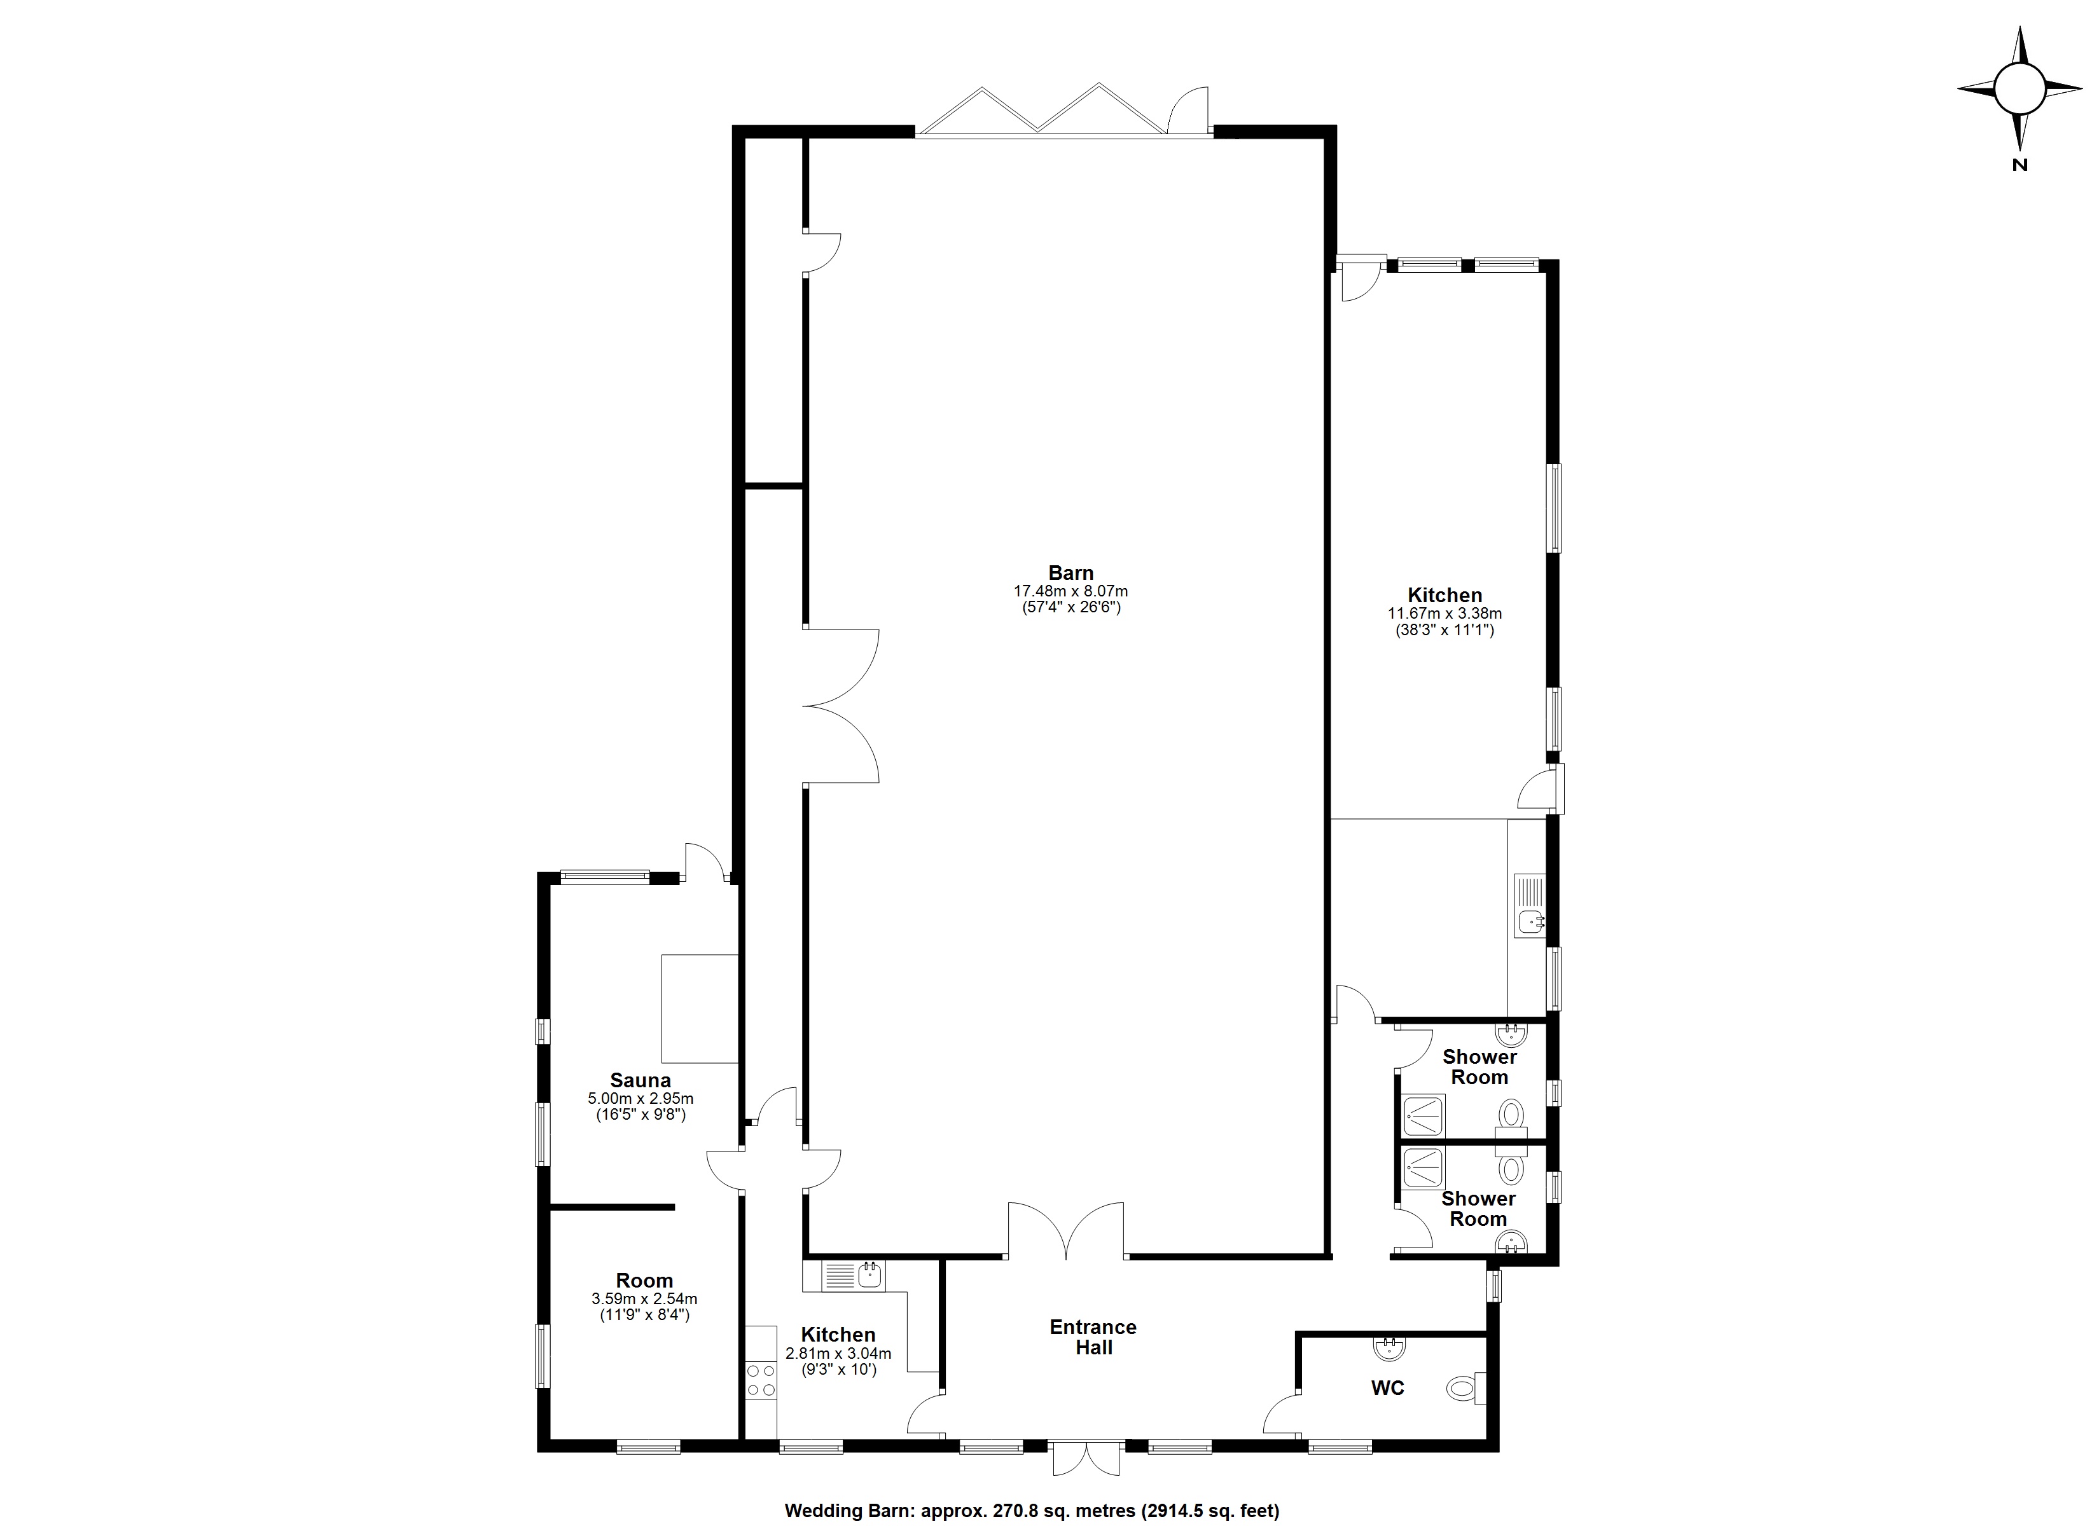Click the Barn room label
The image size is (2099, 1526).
[1070, 573]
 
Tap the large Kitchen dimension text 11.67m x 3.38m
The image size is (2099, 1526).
[1444, 612]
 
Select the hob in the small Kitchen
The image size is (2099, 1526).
[761, 1380]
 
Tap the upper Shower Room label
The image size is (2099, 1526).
[1480, 1066]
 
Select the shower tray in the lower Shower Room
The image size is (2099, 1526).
[1424, 1168]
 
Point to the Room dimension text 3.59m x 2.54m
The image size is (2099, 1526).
[644, 1298]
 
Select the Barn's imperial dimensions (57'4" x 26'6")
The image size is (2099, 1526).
[1070, 608]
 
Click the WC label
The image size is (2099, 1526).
[1387, 1387]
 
